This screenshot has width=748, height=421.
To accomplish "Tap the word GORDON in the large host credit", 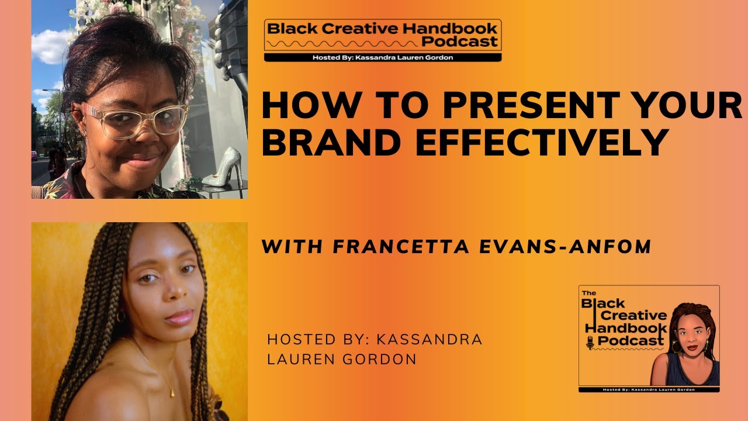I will pos(380,360).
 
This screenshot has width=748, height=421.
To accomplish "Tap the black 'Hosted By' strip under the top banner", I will pos(383,57).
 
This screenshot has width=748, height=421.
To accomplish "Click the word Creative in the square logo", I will pos(622,316).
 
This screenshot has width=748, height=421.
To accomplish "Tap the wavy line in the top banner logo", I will pos(342,43).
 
